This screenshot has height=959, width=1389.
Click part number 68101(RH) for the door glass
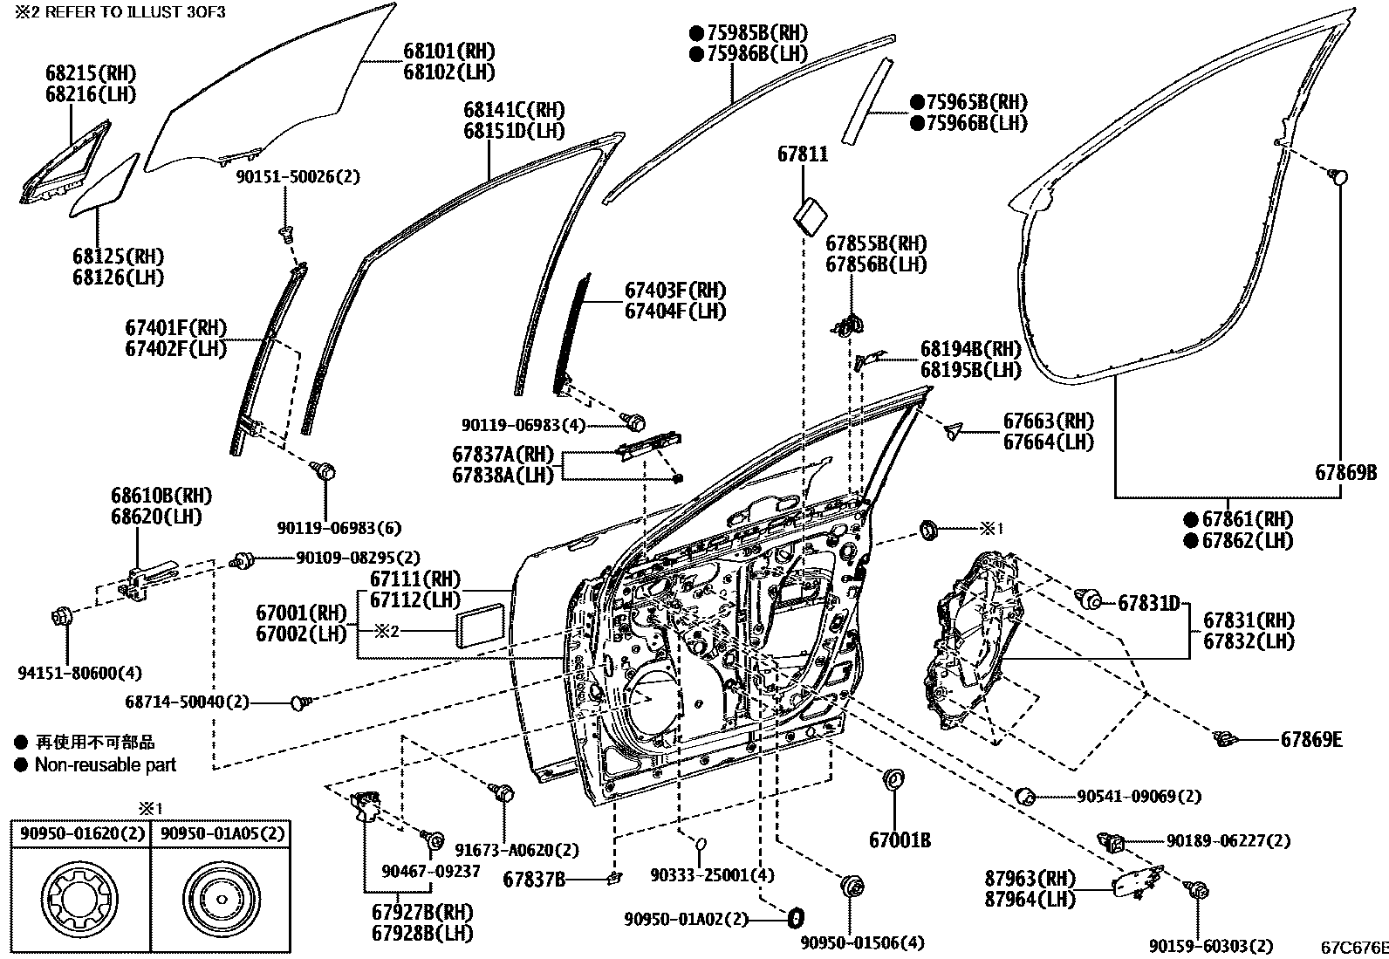point(448,51)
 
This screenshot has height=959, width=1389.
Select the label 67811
point(803,155)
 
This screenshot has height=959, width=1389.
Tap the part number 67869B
point(1345,472)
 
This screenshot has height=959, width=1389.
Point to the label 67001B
point(900,840)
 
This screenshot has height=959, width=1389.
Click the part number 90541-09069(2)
point(1139,796)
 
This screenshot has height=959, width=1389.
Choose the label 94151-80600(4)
point(79,673)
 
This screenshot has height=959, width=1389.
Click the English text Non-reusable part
point(105,765)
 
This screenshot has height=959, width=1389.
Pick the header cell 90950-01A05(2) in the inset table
point(222,833)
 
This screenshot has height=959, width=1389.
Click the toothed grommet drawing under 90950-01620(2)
point(78,900)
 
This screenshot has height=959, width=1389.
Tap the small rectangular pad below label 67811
point(812,213)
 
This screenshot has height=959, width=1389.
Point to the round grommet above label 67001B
point(893,780)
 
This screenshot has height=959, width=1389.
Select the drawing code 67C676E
point(1353,946)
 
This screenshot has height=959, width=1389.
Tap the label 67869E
point(1311,740)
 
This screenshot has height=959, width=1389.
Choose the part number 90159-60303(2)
point(1210,946)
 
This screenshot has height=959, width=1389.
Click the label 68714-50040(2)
point(188,701)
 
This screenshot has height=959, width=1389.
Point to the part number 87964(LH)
point(1030,899)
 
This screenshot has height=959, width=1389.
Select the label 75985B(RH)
point(756,33)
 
